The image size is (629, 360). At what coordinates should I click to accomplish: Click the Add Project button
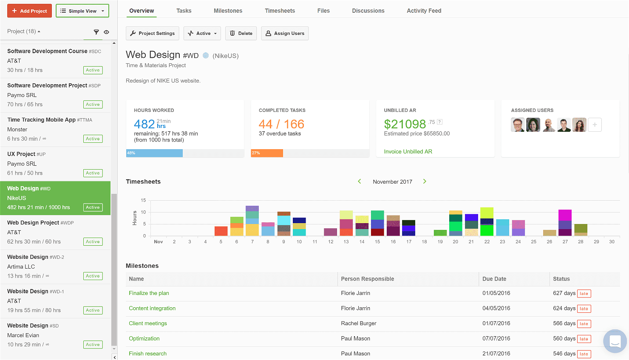[29, 11]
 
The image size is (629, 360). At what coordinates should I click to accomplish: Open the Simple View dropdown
[82, 11]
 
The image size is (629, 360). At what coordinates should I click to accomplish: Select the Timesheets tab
[280, 11]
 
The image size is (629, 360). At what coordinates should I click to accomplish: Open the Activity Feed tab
[424, 11]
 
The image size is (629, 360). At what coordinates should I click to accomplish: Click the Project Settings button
[152, 33]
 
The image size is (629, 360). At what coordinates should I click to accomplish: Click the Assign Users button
[285, 33]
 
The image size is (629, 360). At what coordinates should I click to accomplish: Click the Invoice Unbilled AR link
[408, 152]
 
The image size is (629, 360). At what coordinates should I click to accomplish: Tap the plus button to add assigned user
[595, 125]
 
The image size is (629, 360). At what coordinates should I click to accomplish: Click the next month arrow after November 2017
[425, 181]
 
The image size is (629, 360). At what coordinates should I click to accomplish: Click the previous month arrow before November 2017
[360, 181]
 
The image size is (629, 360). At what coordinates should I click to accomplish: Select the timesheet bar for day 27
[565, 223]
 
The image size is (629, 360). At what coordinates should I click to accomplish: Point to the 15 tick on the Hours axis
[143, 200]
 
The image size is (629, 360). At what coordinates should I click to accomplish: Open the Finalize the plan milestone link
[149, 293]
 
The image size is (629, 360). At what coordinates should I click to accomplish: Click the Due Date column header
[494, 279]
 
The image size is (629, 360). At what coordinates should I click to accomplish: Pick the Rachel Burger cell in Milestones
[359, 323]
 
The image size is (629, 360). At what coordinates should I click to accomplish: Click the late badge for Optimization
[584, 339]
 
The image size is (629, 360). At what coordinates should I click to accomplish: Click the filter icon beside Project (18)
[96, 32]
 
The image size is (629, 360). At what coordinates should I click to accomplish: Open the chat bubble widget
[615, 341]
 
